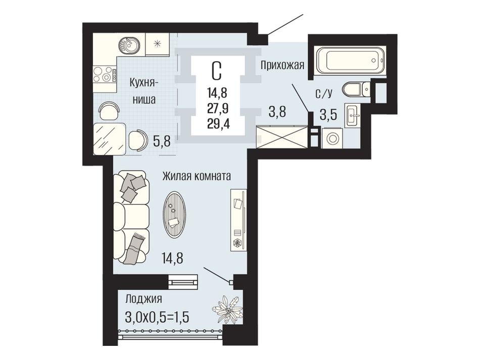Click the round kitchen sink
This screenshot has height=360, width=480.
pyautogui.click(x=129, y=45)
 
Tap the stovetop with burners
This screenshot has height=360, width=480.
pyautogui.click(x=105, y=74)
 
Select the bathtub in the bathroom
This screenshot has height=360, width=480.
pyautogui.click(x=350, y=60)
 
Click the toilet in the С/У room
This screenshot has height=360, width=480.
pyautogui.click(x=357, y=89)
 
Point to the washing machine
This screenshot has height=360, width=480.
pyautogui.click(x=332, y=138)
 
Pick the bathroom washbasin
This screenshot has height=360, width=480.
pyautogui.click(x=353, y=115)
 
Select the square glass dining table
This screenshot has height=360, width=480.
pyautogui.click(x=109, y=139)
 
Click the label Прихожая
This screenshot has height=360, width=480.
pyautogui.click(x=282, y=65)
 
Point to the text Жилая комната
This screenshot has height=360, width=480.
pyautogui.click(x=197, y=176)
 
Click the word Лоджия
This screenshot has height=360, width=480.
pyautogui.click(x=143, y=299)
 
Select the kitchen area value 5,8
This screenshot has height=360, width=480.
pyautogui.click(x=161, y=141)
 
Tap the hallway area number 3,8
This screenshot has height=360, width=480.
pyautogui.click(x=277, y=112)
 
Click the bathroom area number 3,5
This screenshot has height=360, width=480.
pyautogui.click(x=328, y=115)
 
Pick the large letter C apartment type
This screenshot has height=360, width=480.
pyautogui.click(x=216, y=70)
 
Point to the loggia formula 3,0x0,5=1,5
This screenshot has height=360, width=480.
pyautogui.click(x=157, y=317)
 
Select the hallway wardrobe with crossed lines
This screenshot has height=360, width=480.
pyautogui.click(x=281, y=137)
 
